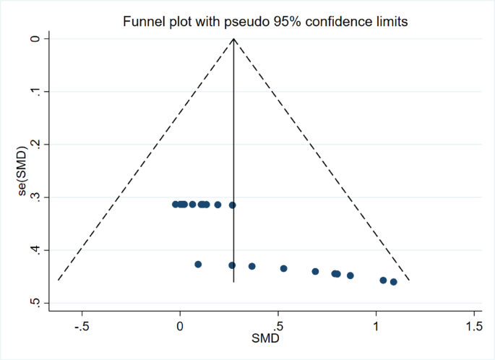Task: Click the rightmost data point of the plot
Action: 394,282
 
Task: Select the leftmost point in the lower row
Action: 198,265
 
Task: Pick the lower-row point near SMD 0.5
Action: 284,268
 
